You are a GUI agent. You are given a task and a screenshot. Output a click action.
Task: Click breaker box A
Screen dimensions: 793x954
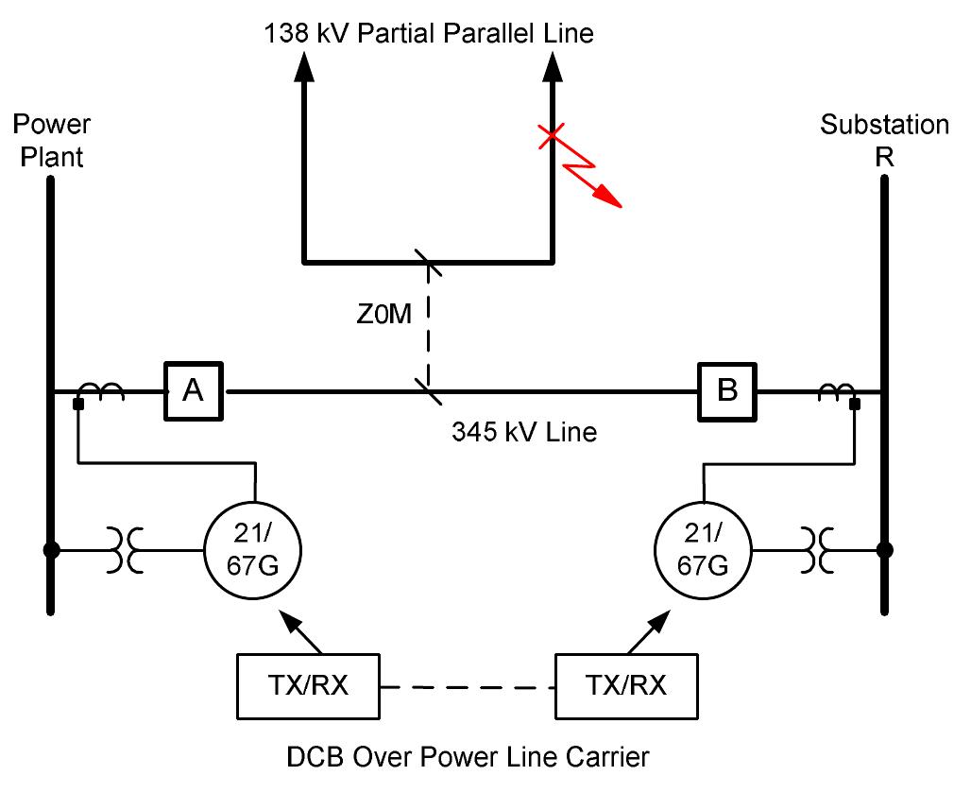[x=193, y=390]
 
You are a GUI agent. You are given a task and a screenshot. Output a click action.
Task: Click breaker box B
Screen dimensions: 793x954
[x=727, y=390]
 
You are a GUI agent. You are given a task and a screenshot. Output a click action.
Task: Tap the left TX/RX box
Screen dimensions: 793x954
[x=306, y=685]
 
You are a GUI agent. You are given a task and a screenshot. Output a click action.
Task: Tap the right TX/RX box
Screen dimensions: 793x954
[x=626, y=685]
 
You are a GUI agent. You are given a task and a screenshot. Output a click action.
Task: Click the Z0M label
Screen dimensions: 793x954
[x=383, y=314]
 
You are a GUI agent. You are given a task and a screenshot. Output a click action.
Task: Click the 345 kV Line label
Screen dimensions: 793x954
[x=524, y=433]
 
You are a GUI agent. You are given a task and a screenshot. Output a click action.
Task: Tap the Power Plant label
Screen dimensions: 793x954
[x=53, y=140]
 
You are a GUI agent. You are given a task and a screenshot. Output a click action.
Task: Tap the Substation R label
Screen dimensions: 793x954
[x=884, y=140]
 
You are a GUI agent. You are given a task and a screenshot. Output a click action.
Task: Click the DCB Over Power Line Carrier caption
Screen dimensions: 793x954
[x=468, y=756]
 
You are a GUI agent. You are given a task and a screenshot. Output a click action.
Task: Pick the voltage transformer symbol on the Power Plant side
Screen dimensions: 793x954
[x=128, y=549]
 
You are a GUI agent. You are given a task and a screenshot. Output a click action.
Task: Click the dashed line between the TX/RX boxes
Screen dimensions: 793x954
[x=467, y=686]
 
